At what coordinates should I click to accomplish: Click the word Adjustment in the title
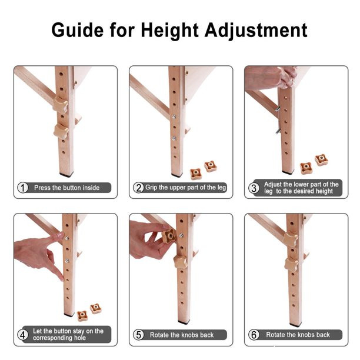coord(256,31)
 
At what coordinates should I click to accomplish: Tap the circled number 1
coord(23,188)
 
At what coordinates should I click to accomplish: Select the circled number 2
coord(138,188)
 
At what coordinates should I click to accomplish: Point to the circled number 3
coord(254,188)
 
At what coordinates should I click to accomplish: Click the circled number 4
coord(23,335)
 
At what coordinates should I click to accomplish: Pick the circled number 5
coord(138,335)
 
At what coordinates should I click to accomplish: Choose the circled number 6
coord(254,335)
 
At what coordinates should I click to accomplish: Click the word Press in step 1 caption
coord(42,188)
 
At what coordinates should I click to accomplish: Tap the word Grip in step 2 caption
coord(151,188)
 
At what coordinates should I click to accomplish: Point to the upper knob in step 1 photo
coord(61,105)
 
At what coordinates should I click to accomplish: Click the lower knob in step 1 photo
coord(61,131)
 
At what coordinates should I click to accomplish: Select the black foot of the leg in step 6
coord(295,325)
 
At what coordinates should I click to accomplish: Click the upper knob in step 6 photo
coord(291,239)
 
